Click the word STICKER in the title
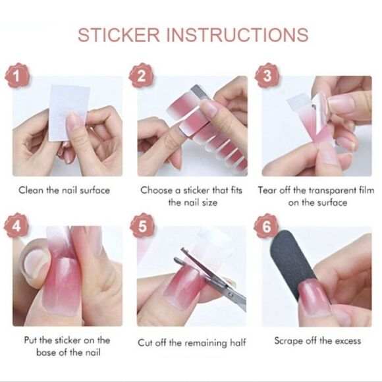point(119,34)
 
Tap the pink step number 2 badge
point(142,78)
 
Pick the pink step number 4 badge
point(18,228)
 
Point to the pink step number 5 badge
point(142,228)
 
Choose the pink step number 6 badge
point(267,228)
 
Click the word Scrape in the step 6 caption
point(288,341)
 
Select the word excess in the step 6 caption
point(347,341)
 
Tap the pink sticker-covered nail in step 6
point(314,297)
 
